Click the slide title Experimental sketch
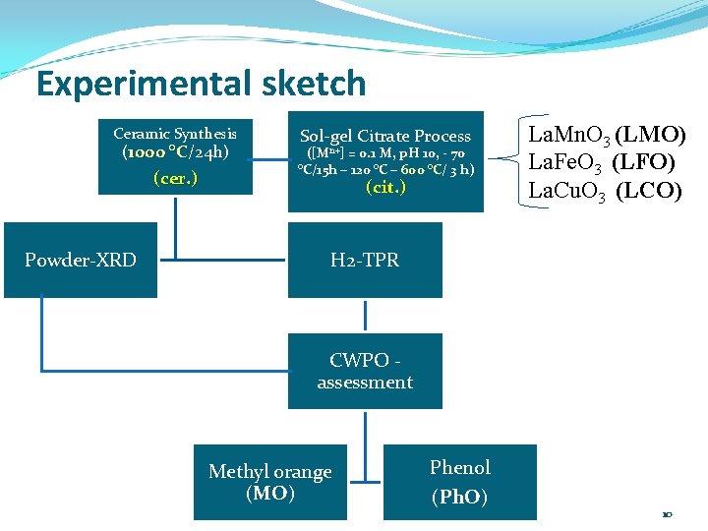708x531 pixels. coord(201,84)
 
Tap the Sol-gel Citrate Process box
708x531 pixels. coord(385,160)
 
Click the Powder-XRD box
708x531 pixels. coord(81,261)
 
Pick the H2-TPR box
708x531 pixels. coord(365,261)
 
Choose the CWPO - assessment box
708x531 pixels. coord(365,371)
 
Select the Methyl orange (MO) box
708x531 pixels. coord(269,482)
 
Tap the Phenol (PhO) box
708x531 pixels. coord(459,482)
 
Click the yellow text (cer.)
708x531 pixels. coord(175,178)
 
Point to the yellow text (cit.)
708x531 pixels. coord(385,187)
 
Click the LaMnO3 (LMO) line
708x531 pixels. coord(607,136)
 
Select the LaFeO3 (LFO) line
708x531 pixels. coord(601,162)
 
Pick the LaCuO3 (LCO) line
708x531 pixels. coord(605,190)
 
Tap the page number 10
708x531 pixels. coord(668,514)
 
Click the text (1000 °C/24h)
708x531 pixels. coord(175,152)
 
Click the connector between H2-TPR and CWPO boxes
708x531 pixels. coord(365,315)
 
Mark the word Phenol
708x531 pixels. coord(459,467)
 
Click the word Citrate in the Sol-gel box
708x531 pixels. coord(388,137)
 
